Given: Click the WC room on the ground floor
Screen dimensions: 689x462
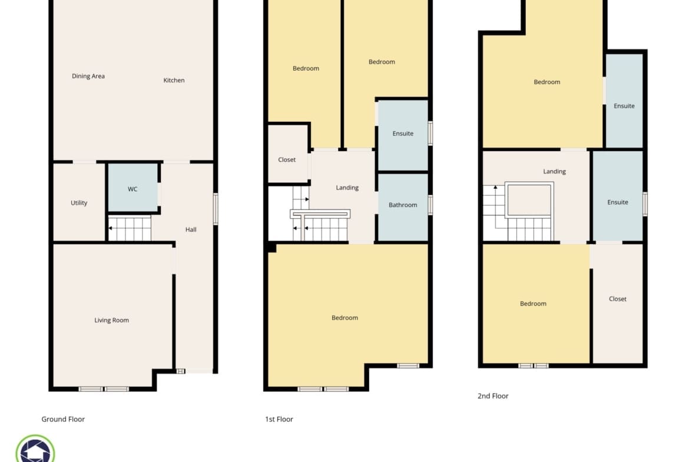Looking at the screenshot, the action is (132, 188).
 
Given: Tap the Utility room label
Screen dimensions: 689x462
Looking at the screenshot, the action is (79, 203).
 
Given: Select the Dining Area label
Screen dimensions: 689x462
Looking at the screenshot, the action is (88, 76).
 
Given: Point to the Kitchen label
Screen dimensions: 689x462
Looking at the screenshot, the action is (174, 81).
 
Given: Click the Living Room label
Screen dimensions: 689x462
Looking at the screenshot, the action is (112, 320).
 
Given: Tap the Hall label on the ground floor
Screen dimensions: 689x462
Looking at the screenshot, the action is (191, 230).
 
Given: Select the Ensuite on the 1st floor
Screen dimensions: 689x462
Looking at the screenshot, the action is (403, 134).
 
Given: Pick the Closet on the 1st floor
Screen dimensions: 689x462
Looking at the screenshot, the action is (287, 154).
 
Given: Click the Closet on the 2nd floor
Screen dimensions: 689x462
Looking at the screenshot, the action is (617, 303).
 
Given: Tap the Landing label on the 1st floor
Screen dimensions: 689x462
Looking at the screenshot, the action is (347, 188).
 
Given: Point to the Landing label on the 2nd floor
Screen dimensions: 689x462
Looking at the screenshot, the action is (555, 171).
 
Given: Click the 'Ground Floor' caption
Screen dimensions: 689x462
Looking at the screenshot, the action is (63, 419).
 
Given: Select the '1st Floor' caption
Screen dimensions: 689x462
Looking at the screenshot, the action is (279, 419).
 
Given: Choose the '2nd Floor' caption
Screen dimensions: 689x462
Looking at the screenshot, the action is (493, 395).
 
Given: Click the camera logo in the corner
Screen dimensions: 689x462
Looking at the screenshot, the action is (35, 449).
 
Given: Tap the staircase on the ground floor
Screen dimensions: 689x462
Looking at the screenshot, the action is (130, 228).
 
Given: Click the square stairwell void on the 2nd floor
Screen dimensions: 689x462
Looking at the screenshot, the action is (529, 200).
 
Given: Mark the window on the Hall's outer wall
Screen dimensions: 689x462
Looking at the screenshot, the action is (216, 209).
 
